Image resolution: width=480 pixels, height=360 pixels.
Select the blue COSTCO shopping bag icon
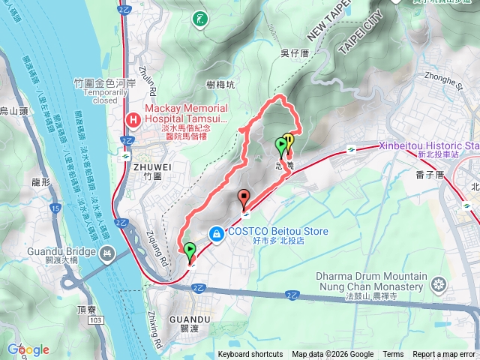coord(216,233)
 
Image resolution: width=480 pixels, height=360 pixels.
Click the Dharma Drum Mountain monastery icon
coord(438,283)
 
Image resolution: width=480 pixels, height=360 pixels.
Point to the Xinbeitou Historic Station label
coord(428,145)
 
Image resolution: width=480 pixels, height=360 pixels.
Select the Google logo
coord(28,349)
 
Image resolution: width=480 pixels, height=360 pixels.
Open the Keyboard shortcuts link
coord(250,355)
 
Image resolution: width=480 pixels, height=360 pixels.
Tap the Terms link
coord(393,355)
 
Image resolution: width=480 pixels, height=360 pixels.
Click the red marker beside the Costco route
coord(244,199)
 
